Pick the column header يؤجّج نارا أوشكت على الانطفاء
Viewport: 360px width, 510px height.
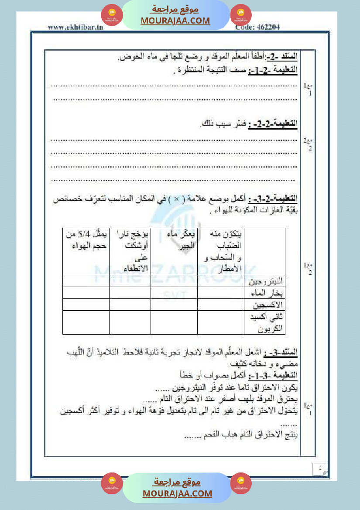pyautogui.click(x=130, y=251)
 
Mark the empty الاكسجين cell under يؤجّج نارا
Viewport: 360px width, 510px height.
pyautogui.click(x=130, y=304)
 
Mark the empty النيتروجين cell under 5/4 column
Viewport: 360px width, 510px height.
pyautogui.click(x=86, y=281)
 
